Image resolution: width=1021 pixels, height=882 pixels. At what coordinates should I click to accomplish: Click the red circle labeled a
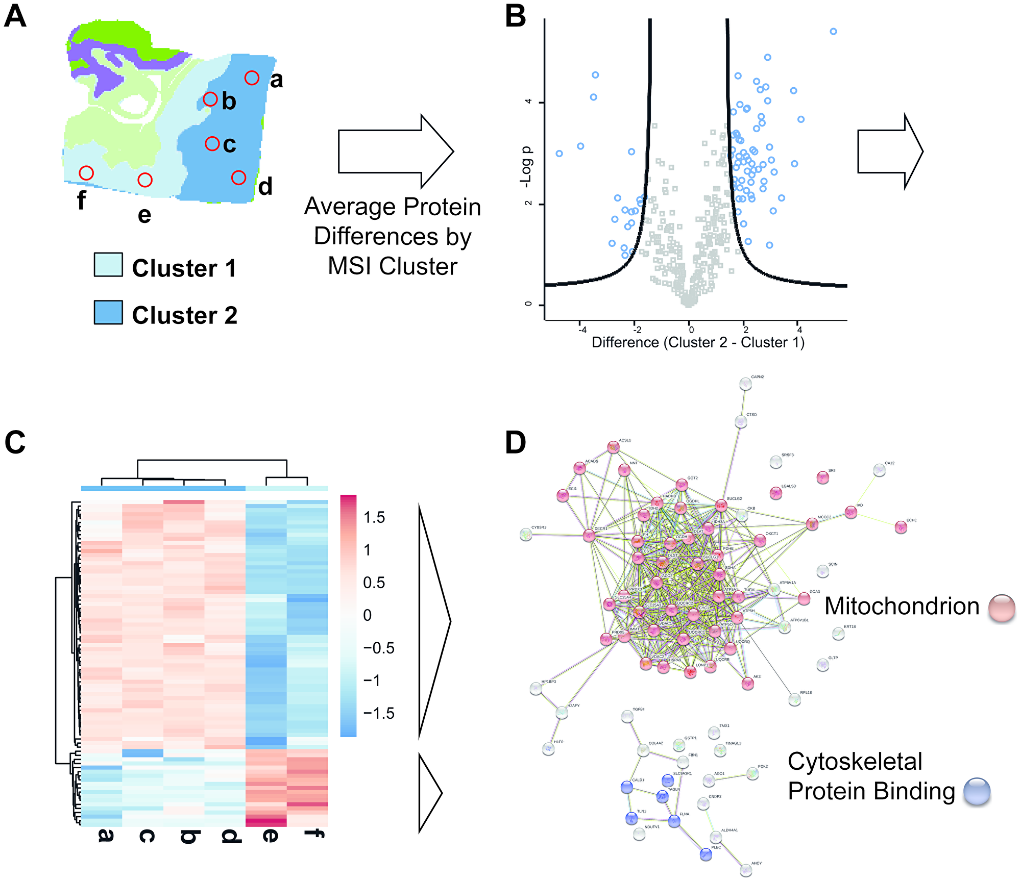coord(252,78)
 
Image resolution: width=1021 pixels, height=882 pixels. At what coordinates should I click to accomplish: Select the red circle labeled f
coord(86,173)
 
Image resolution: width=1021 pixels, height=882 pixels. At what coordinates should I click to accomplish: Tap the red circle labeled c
coord(212,144)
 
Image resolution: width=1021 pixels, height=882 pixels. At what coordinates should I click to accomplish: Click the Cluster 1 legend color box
coord(108,265)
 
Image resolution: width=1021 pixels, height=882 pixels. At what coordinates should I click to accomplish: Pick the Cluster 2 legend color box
coord(108,312)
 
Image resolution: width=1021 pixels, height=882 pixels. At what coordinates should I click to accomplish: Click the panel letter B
coord(515,16)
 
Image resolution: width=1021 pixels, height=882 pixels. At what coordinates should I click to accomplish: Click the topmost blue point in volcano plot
coord(833,32)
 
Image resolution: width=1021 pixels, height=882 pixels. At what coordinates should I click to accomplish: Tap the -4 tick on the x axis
coord(582,330)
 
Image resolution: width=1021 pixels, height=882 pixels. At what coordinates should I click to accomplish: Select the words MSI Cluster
coord(392,266)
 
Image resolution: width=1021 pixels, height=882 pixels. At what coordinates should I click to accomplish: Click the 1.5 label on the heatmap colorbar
coord(374,517)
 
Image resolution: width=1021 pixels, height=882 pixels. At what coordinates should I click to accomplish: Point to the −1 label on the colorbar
coord(372,681)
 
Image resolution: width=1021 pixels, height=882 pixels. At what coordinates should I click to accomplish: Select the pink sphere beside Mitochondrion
coord(1002,608)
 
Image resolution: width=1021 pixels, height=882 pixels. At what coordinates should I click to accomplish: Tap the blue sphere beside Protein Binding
coord(977,791)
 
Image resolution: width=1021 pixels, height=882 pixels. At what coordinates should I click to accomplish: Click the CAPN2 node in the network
coord(745,384)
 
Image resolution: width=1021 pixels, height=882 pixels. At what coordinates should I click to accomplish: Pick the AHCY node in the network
coord(746,869)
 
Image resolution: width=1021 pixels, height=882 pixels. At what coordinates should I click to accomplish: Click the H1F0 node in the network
coord(548,749)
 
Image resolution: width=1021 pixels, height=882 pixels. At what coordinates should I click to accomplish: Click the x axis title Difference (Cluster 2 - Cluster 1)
coord(698,342)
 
